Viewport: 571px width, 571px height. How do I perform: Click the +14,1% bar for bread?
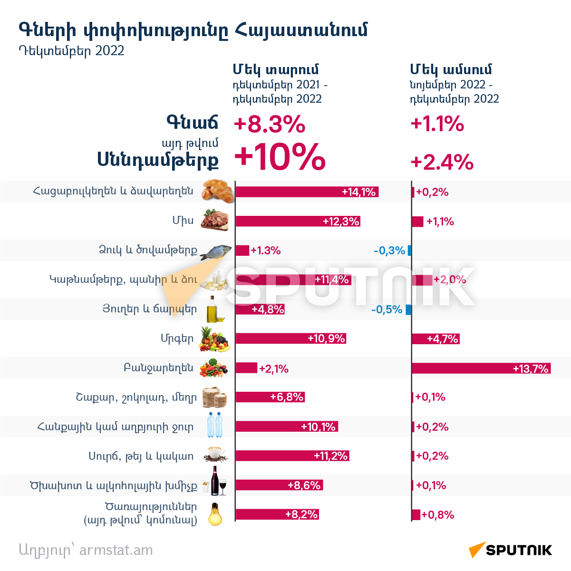(307, 192)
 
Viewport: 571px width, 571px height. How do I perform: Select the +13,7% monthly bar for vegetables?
(481, 368)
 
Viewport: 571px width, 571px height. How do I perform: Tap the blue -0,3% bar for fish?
(409, 251)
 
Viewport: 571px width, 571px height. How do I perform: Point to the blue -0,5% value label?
(387, 310)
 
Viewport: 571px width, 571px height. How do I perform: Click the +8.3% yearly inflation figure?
(270, 124)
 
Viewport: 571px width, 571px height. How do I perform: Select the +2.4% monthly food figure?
(442, 162)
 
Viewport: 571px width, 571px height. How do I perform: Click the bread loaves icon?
(217, 191)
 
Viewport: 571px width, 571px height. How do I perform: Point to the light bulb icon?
(215, 514)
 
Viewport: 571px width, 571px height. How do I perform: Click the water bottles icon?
(215, 425)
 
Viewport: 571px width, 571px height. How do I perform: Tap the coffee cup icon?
(216, 454)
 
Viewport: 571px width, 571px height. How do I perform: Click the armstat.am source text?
(116, 550)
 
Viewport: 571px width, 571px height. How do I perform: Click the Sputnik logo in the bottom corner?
(510, 550)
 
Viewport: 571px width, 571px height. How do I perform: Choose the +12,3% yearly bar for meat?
(298, 221)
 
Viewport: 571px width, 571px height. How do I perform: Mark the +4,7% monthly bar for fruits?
(436, 339)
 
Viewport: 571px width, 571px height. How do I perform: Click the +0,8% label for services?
(438, 515)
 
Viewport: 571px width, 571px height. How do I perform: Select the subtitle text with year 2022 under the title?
(71, 51)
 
